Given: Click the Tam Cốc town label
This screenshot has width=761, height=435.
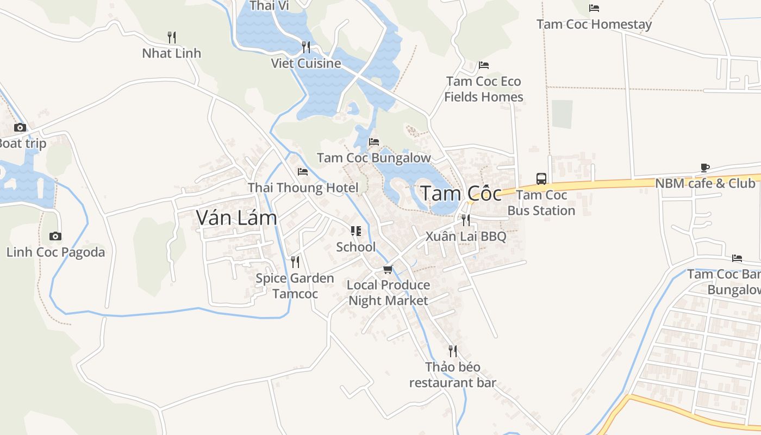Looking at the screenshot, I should [x=461, y=194].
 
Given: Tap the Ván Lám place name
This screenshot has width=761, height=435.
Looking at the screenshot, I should [x=236, y=217].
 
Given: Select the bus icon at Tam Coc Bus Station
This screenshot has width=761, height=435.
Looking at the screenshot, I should [x=541, y=178].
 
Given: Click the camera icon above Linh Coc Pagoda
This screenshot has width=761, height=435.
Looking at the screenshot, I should [x=55, y=236].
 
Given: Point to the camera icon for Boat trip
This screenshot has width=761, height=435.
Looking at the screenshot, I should [x=20, y=128].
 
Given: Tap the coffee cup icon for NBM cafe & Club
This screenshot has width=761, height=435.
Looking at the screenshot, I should [x=705, y=167].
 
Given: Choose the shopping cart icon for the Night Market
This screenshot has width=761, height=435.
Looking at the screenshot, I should [x=388, y=269].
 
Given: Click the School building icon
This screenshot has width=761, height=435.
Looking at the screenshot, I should [x=356, y=231].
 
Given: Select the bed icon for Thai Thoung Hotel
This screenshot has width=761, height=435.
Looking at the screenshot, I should [x=303, y=172].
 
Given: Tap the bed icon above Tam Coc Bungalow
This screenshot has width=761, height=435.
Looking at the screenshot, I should [x=374, y=142].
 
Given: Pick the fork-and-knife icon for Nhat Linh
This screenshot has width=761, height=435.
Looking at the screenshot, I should [x=172, y=37].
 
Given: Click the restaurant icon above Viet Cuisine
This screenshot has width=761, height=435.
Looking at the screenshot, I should [x=306, y=47].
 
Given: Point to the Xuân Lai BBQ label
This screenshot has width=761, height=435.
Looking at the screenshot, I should [x=466, y=237].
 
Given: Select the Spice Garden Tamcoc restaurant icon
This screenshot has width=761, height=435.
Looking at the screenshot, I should [x=295, y=262].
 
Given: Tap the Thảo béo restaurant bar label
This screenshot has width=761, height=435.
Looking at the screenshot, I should [x=453, y=375].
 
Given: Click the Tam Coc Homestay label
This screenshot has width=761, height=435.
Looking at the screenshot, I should [x=594, y=24].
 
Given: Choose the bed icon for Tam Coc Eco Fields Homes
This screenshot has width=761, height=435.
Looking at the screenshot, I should [x=484, y=65].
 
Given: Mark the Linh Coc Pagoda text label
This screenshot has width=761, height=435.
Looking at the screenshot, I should [x=55, y=252].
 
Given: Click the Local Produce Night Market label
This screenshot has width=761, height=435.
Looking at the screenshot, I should [x=388, y=293].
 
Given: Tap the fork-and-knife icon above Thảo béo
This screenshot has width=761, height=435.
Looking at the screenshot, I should [x=453, y=351].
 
